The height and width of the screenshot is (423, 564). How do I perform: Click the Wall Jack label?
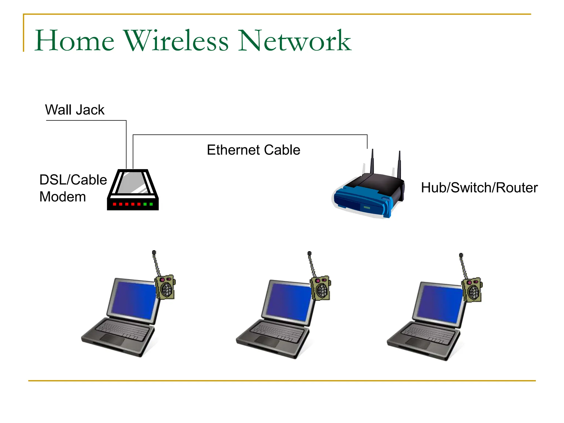tap(75, 110)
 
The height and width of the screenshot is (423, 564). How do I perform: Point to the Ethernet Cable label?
tap(253, 150)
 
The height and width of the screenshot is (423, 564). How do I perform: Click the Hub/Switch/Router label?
tap(479, 188)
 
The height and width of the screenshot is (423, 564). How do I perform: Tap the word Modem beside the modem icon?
tap(63, 197)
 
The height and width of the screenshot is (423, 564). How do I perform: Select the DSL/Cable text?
tap(73, 180)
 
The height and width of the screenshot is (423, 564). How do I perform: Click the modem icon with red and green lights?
tap(133, 190)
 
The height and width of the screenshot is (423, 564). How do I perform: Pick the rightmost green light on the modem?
tap(151, 204)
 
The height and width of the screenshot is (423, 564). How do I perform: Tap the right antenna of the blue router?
tap(399, 164)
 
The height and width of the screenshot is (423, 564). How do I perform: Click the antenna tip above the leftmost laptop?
tap(154, 252)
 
